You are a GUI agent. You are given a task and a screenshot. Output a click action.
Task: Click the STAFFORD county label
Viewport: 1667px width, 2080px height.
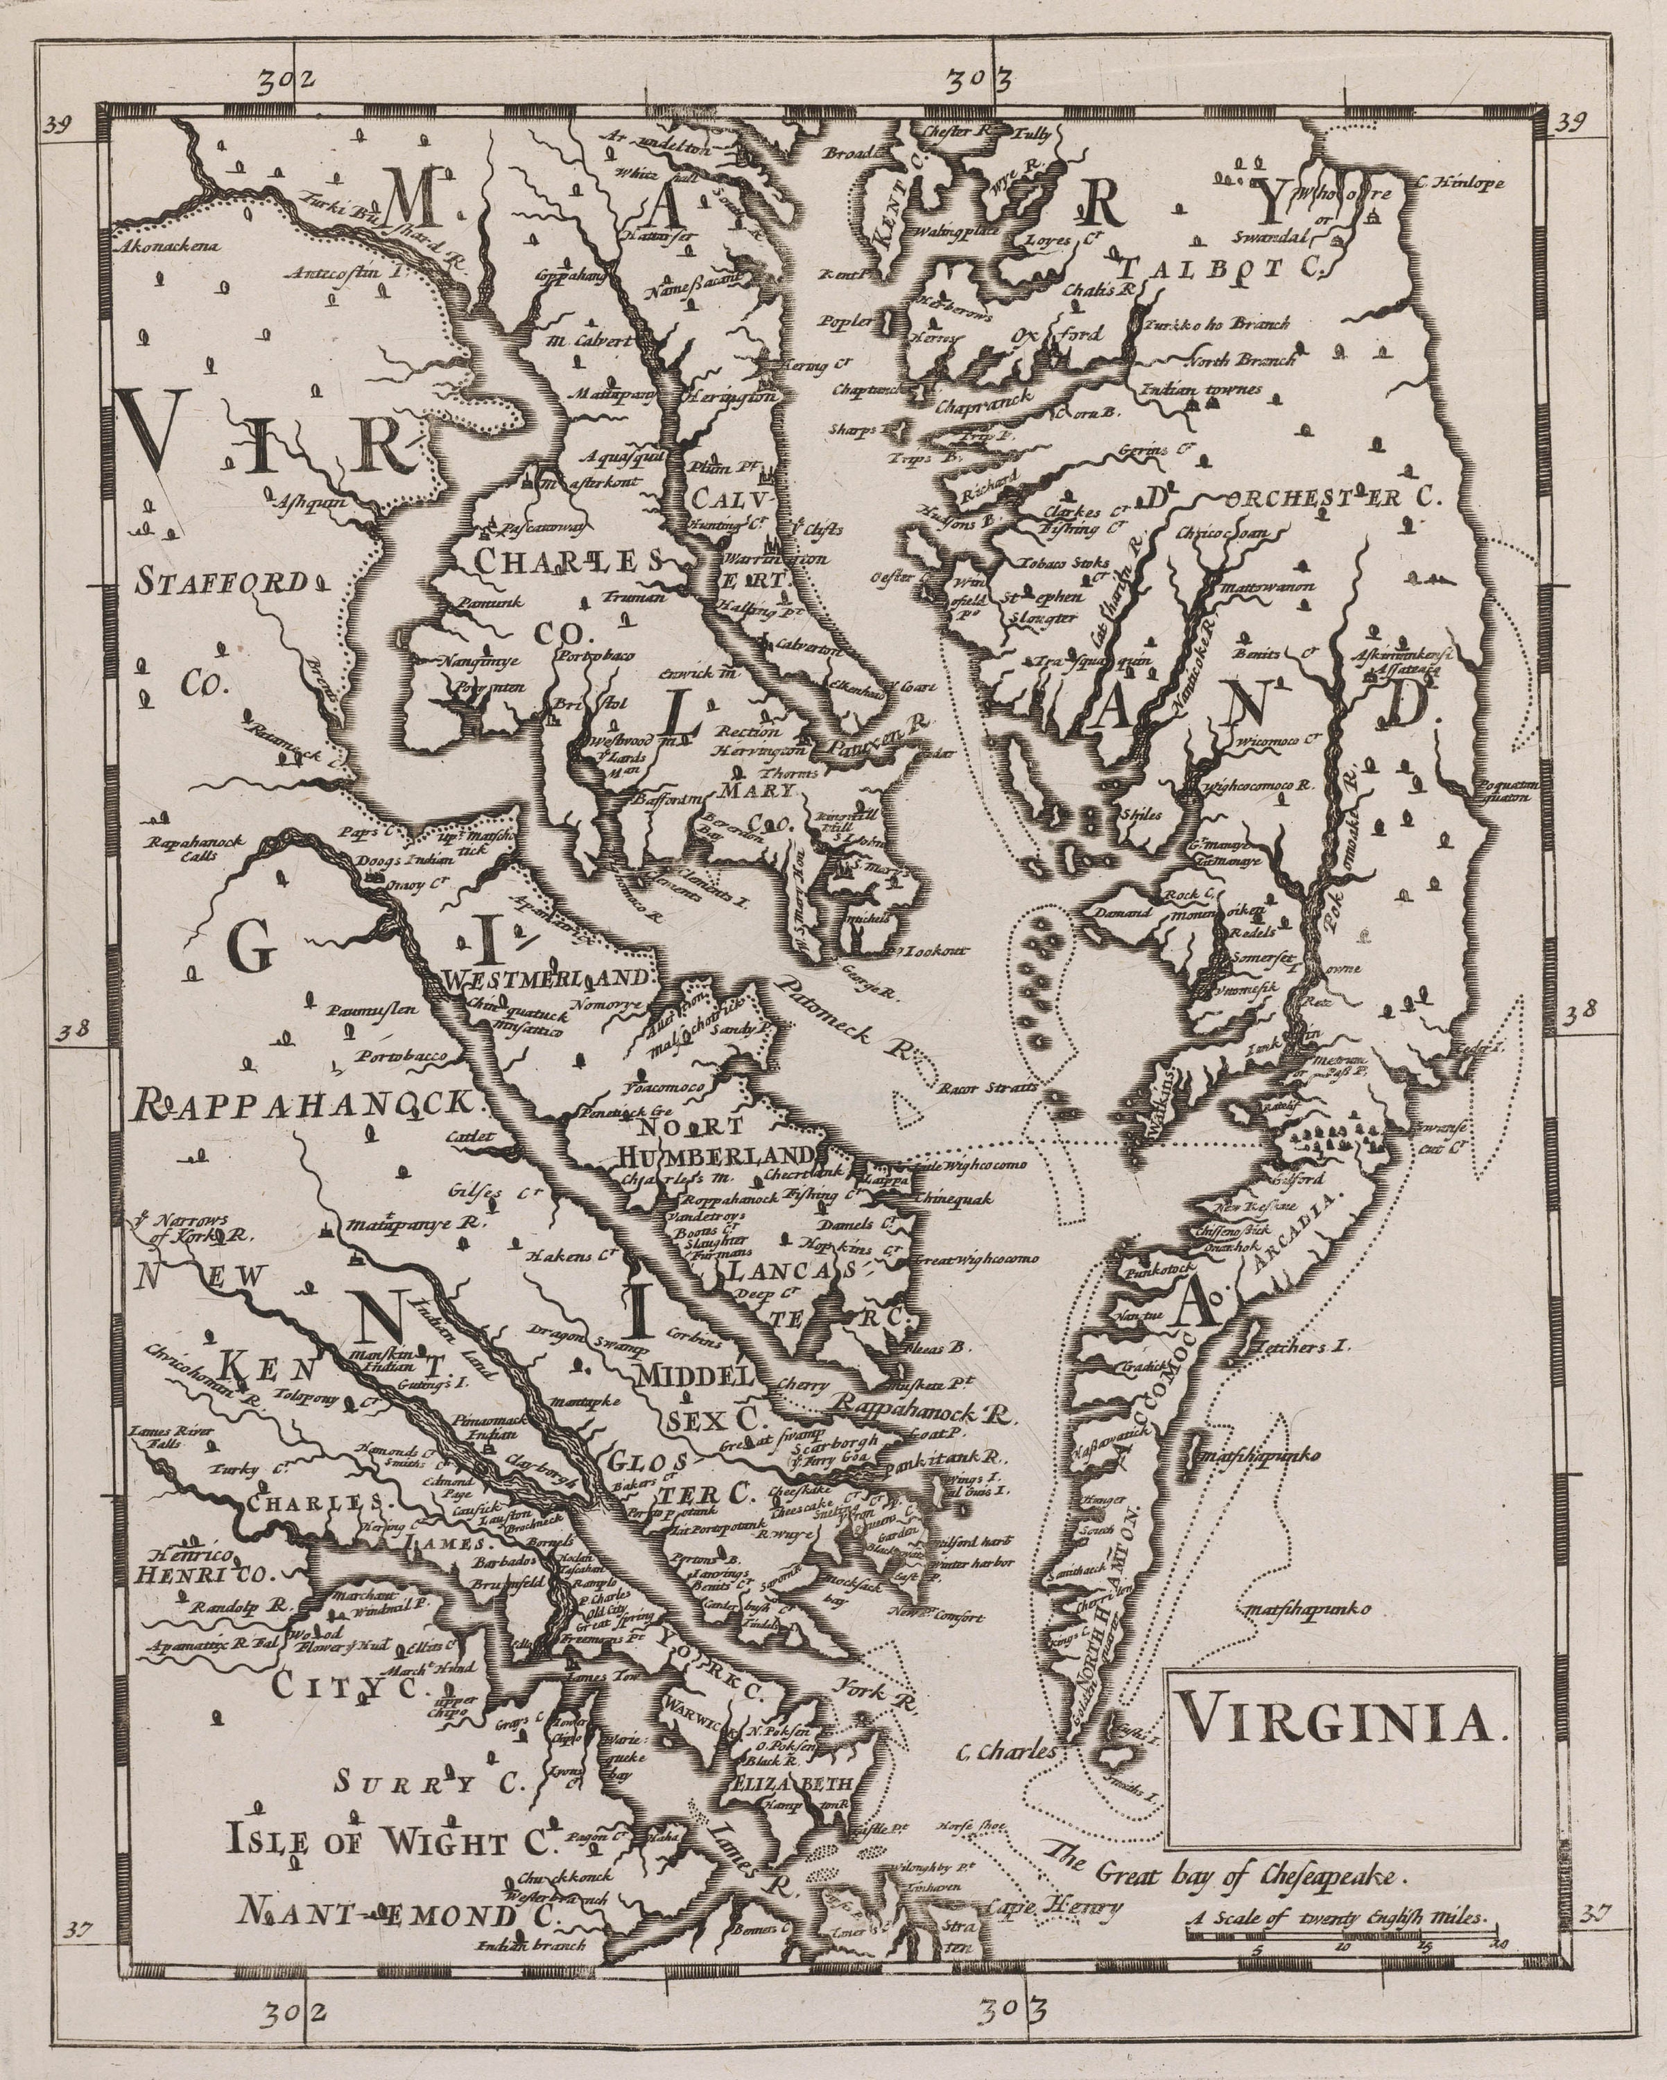[x=223, y=582]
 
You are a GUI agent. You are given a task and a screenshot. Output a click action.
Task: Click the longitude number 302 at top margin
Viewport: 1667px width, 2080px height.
[x=293, y=80]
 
